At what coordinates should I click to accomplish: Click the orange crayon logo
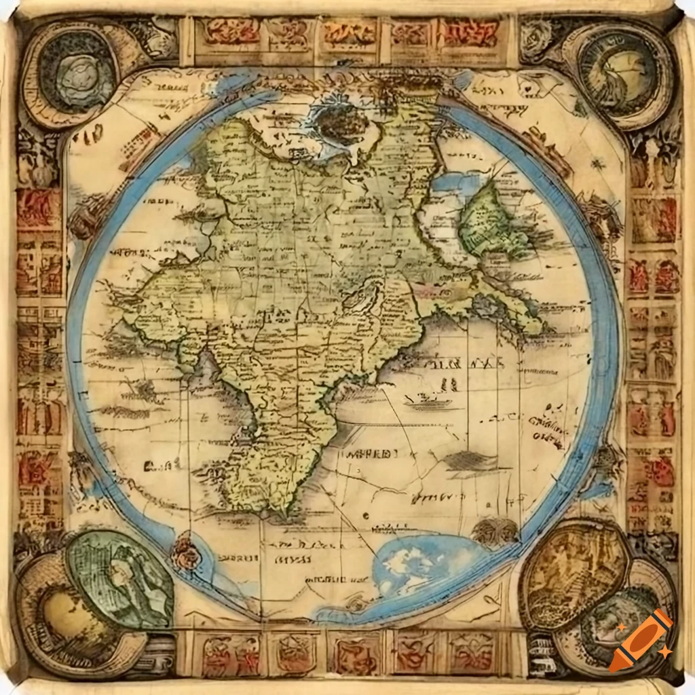[641, 640]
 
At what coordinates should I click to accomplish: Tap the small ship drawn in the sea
[428, 402]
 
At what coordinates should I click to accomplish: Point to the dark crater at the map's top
[339, 122]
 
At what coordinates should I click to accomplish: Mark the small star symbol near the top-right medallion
[597, 164]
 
